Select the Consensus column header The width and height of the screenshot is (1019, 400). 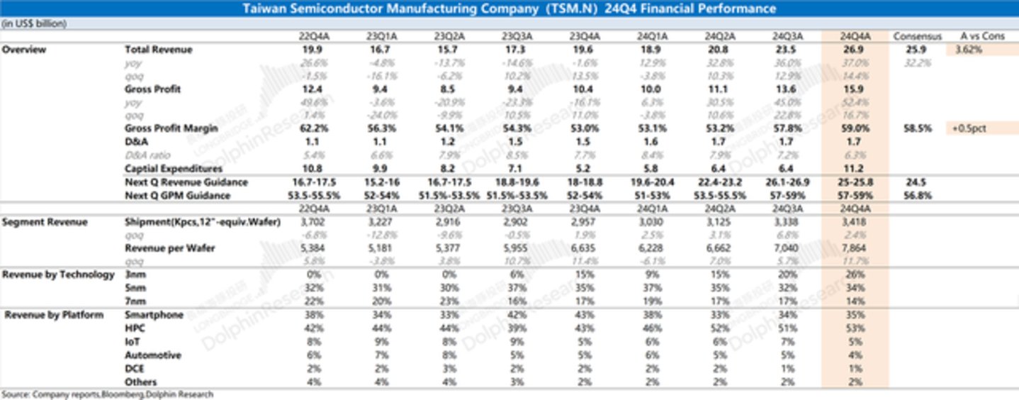pyautogui.click(x=917, y=36)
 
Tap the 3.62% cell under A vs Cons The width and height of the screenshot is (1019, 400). pyautogui.click(x=969, y=50)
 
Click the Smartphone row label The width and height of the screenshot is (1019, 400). pyautogui.click(x=154, y=315)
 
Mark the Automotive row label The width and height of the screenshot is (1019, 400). pyautogui.click(x=152, y=355)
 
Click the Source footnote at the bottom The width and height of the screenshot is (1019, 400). pyautogui.click(x=107, y=394)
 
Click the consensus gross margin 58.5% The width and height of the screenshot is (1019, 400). pyautogui.click(x=917, y=128)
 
